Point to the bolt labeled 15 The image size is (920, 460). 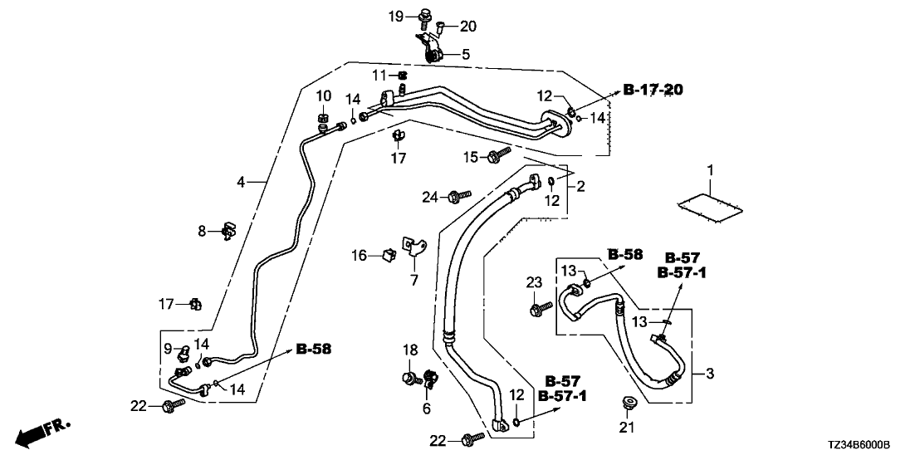coord(497,154)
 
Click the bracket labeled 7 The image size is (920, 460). coord(414,245)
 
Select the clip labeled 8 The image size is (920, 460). coord(227,232)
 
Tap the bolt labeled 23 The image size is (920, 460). coord(536,310)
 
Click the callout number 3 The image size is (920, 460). coord(709,374)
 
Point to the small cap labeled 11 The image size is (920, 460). coord(401,76)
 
